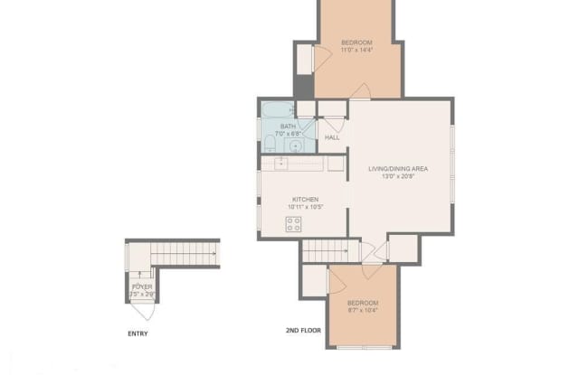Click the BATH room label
click(x=288, y=127)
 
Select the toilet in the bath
click(x=270, y=143)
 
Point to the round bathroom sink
click(x=296, y=143)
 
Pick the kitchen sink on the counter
click(x=281, y=163)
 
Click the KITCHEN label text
click(x=304, y=200)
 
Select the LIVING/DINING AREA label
click(x=397, y=169)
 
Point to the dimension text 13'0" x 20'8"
click(x=397, y=177)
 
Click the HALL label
click(x=332, y=137)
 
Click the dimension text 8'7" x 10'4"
click(x=362, y=311)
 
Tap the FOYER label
click(x=142, y=286)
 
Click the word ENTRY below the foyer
click(x=138, y=333)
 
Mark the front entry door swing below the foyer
click(x=142, y=310)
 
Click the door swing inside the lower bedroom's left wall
click(x=336, y=285)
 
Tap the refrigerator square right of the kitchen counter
click(x=336, y=164)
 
